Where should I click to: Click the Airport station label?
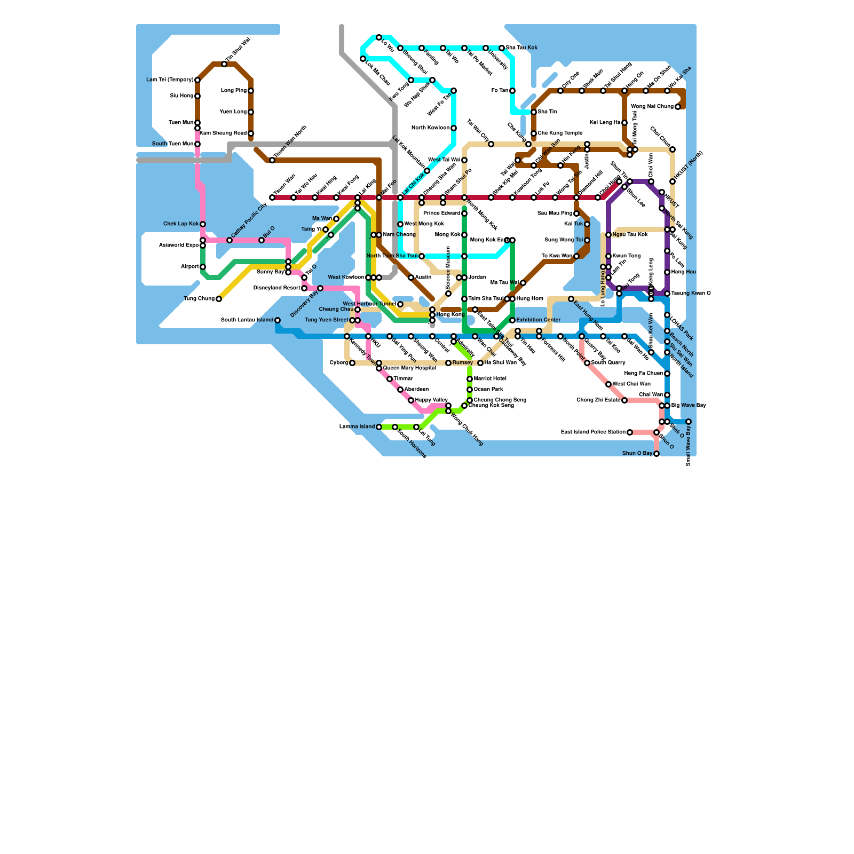coord(189,267)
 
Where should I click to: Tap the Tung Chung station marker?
coord(219,299)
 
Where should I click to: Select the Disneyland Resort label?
coord(276,288)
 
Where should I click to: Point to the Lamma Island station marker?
coord(379,427)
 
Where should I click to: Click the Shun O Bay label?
coord(637,454)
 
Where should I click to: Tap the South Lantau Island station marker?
coord(278,320)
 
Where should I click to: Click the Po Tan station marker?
coord(512,91)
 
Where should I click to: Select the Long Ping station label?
coord(234,91)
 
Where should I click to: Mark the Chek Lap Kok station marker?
coord(203,224)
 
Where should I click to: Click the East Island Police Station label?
coord(593,432)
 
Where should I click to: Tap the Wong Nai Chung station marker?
coord(678,107)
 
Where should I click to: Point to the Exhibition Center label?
coord(539,320)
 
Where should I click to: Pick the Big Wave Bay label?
coord(689,406)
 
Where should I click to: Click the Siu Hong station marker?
coord(197,96)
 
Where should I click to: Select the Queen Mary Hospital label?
coord(409,368)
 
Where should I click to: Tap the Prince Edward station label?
coord(441,213)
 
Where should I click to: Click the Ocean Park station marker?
coord(470,390)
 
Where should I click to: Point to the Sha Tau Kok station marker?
coord(502,48)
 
